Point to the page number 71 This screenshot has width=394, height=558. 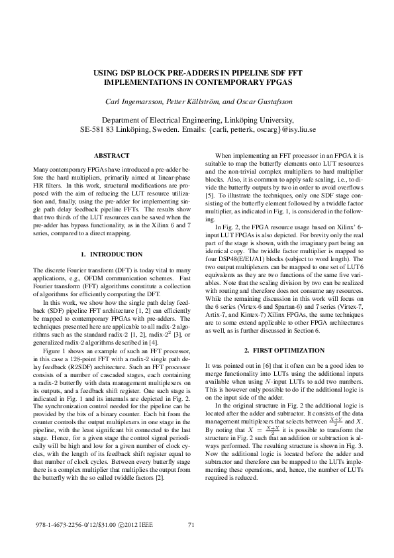[x=191, y=526]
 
